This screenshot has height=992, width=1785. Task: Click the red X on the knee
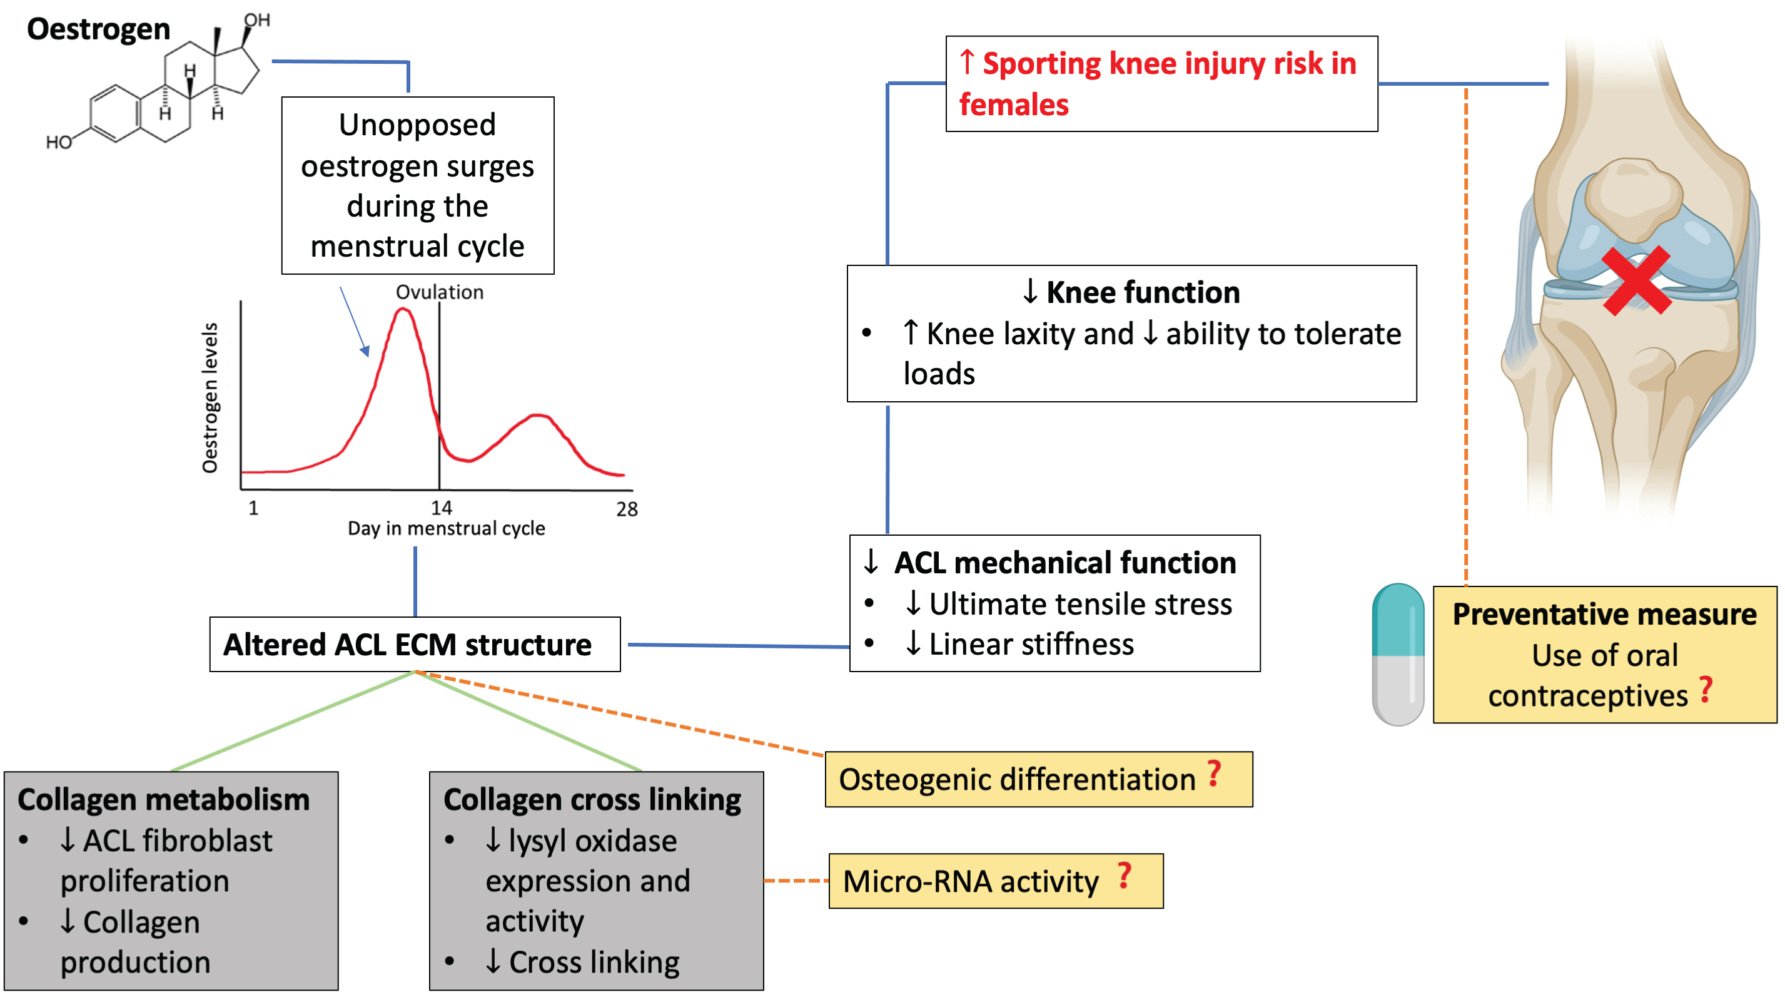pos(1636,281)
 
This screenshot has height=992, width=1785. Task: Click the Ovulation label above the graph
pos(439,292)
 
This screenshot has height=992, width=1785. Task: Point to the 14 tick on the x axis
pos(442,508)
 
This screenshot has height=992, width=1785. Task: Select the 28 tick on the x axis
pos(627,509)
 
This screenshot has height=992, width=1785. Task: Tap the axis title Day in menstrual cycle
pos(447,528)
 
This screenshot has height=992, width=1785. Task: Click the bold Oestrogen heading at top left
pos(98,29)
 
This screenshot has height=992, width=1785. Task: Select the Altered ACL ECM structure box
pos(415,644)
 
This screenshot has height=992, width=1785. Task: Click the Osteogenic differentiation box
pos(1038,779)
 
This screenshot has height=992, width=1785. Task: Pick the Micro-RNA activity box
pos(995,881)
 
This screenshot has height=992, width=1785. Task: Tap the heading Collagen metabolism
pos(163,799)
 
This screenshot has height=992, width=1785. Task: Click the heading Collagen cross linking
pos(592,799)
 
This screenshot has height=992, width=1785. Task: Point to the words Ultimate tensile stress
pos(1080,604)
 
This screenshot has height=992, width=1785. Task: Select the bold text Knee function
pos(1143,292)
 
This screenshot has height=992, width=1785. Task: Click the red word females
pos(1014,105)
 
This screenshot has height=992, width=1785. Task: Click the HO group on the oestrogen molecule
pos(59,142)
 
